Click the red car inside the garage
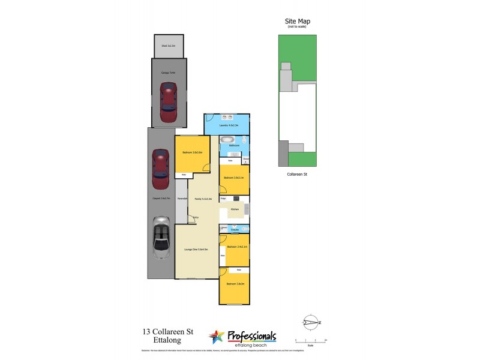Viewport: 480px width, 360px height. click(x=169, y=101)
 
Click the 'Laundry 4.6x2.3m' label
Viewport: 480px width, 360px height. click(x=229, y=125)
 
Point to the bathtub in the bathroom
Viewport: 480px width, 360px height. click(x=228, y=142)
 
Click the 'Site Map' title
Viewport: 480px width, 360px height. click(x=297, y=22)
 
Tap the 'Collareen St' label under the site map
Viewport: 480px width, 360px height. click(x=297, y=175)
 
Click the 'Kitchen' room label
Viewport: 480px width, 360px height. click(x=235, y=209)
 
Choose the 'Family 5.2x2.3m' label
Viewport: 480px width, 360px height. click(x=203, y=198)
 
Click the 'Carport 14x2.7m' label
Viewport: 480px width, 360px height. click(x=161, y=198)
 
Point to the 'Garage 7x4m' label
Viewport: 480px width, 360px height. click(x=168, y=73)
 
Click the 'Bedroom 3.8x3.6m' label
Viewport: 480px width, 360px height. click(x=192, y=152)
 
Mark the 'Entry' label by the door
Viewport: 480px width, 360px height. click(x=196, y=217)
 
